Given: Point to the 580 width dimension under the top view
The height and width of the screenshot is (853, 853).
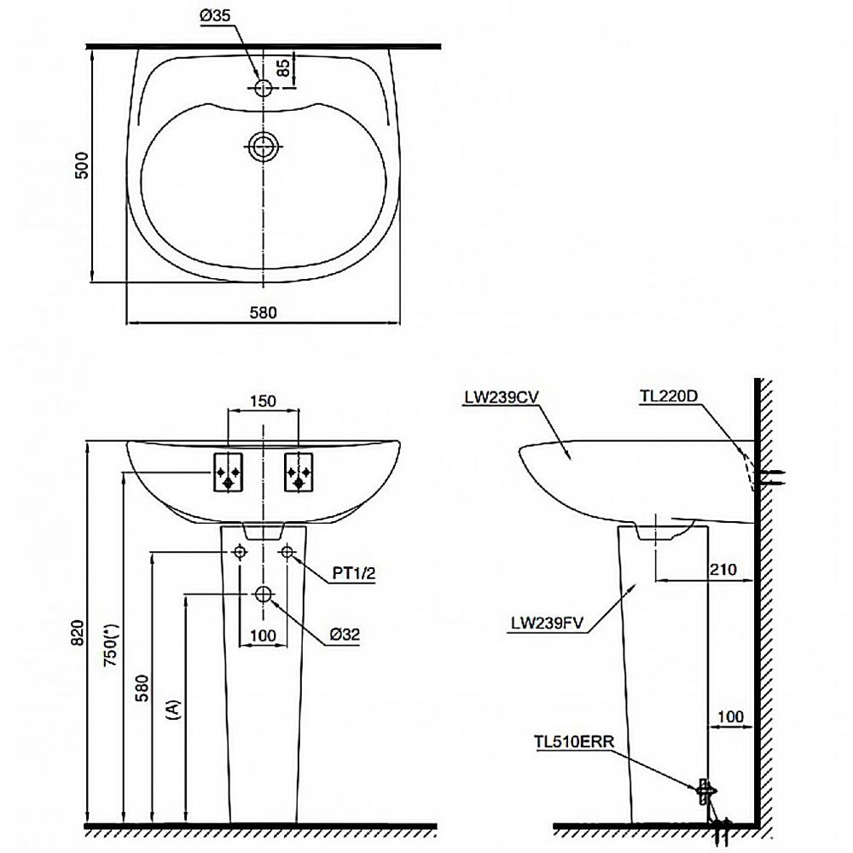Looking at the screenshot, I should click(x=262, y=312).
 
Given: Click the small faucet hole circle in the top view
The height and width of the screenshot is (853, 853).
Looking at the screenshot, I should click(x=263, y=87).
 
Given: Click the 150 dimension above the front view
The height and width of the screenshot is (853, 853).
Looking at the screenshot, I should click(x=264, y=402).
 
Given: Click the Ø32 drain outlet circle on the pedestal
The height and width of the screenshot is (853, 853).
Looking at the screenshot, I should click(x=264, y=594).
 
